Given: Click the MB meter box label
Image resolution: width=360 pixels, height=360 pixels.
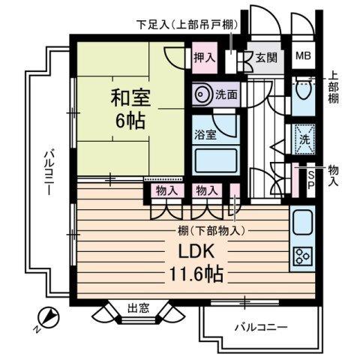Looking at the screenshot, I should pos(304,56).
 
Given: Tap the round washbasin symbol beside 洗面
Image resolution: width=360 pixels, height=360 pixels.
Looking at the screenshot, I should pos(202,95).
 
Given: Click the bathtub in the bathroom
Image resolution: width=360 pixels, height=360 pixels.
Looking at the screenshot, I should pos(214,160).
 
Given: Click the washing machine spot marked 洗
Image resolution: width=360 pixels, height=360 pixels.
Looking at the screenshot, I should pos(304,140).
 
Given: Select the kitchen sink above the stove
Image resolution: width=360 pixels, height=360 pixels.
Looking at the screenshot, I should pos(303,223).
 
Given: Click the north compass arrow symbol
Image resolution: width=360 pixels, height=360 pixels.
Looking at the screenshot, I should pos(48,317).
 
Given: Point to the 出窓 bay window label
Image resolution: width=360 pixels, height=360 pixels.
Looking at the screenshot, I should pos(136,307).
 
